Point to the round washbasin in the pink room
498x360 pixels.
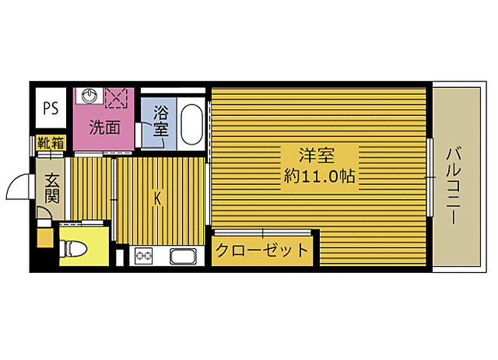click(x=89, y=97)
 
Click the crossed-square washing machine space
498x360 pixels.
click(x=117, y=98)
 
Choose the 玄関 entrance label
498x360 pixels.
click(x=51, y=187)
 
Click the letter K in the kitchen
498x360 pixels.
click(x=157, y=198)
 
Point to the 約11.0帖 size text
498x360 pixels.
click(x=318, y=177)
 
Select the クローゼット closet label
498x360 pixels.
click(x=262, y=252)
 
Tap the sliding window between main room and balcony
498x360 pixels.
click(x=429, y=177)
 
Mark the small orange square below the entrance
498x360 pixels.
click(x=45, y=236)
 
